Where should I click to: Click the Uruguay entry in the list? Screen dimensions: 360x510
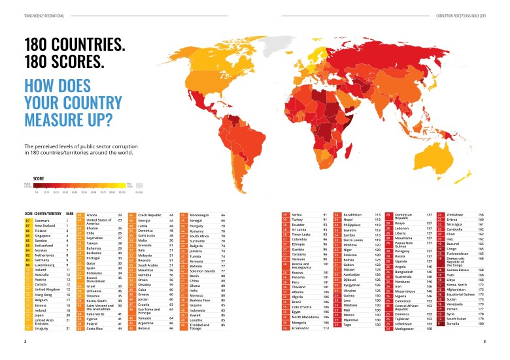[x=43, y=328]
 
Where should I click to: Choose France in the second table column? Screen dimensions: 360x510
[x=92, y=215]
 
